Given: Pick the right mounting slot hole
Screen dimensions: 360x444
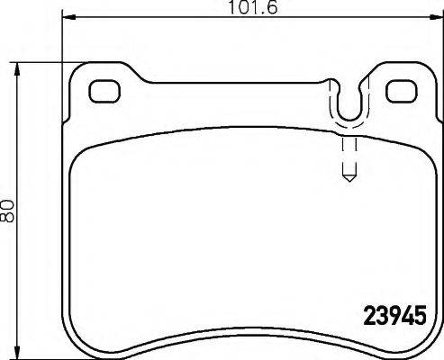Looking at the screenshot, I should click(x=398, y=91).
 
